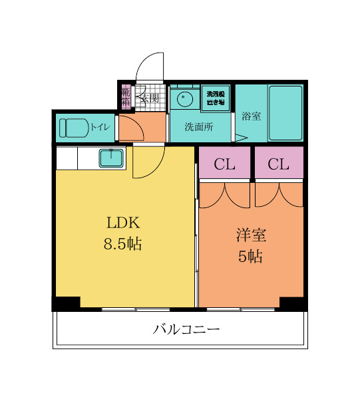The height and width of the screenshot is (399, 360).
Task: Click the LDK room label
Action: click(x=121, y=222)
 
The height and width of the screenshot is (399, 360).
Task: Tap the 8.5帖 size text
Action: click(x=122, y=244)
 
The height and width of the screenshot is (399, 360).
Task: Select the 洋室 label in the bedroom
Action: click(x=251, y=235)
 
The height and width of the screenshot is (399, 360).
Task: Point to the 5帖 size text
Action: click(x=251, y=257)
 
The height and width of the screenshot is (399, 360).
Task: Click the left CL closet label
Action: click(x=225, y=164)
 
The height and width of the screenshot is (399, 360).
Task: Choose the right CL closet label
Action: click(x=278, y=164)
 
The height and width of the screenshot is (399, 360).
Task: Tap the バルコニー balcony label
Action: click(x=186, y=329)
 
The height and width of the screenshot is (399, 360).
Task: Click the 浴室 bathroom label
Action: click(x=251, y=116)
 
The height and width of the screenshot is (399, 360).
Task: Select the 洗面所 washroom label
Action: click(x=198, y=127)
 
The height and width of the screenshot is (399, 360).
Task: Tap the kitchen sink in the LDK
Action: click(x=110, y=158)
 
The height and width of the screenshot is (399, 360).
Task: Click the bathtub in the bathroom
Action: click(x=285, y=112)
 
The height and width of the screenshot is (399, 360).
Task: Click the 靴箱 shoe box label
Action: click(x=126, y=97)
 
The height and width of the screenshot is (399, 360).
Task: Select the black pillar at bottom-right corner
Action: click(x=293, y=303)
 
